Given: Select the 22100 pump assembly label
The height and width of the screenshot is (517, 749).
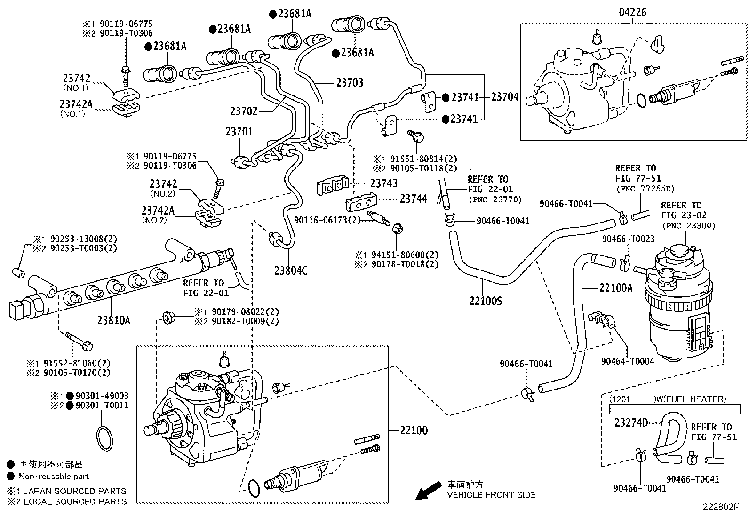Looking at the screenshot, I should (x=414, y=430).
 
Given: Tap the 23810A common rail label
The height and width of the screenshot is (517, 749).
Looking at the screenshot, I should (x=114, y=321).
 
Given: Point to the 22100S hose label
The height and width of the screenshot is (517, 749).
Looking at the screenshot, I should (x=485, y=301).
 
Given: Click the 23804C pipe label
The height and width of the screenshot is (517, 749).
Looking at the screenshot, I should (x=291, y=270).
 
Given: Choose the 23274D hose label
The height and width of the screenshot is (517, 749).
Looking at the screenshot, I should (x=631, y=422).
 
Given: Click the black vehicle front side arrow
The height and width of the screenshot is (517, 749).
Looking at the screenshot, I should (x=428, y=491).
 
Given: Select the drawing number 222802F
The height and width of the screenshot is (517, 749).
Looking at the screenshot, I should (x=721, y=508).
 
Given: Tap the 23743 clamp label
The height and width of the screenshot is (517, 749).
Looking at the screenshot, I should (x=383, y=183).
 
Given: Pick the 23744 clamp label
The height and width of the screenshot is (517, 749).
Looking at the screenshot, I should (x=414, y=199).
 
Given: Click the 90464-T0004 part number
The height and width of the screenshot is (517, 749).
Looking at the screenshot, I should (x=628, y=361).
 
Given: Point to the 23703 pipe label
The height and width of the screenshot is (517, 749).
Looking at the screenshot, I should (x=350, y=82).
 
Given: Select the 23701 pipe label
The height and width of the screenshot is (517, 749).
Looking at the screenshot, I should (x=239, y=131).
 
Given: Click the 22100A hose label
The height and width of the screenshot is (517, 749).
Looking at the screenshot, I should (x=616, y=288).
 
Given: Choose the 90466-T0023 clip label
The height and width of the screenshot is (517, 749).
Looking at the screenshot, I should (x=628, y=239).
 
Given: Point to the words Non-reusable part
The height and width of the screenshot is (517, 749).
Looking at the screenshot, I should (x=54, y=477).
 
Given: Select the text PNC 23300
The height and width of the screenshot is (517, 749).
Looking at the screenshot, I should (x=688, y=225).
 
